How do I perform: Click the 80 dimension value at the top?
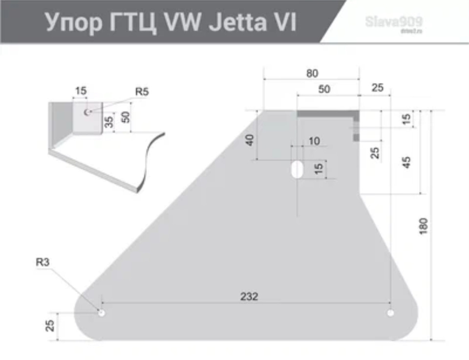click(312, 73)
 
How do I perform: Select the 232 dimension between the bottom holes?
click(249, 296)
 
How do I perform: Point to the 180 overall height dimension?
click(424, 226)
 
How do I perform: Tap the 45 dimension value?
click(406, 162)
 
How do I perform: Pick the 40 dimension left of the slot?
click(250, 140)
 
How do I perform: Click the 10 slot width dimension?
click(314, 141)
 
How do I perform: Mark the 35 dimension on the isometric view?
click(110, 121)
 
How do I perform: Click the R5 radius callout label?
click(142, 91)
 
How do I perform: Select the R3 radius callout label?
click(43, 262)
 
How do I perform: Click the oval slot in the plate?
click(297, 169)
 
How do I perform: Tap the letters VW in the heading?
click(183, 22)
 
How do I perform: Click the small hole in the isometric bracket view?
click(87, 112)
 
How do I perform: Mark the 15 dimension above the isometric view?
click(81, 91)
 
